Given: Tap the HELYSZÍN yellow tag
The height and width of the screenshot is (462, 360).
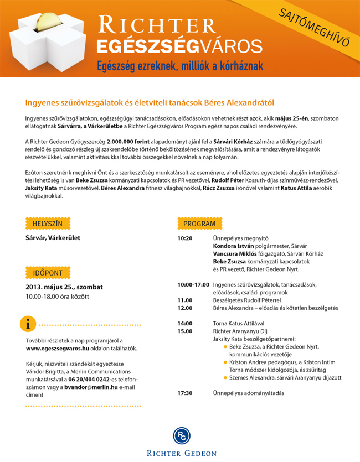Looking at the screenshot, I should click(x=48, y=223).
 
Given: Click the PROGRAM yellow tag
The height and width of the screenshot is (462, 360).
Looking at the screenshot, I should click(x=199, y=223).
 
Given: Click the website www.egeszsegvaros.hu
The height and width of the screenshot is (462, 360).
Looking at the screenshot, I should click(x=58, y=349).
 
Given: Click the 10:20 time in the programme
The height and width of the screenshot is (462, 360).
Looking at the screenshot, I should click(x=185, y=238).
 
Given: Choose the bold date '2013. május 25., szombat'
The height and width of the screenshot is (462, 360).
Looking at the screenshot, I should click(x=64, y=287).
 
